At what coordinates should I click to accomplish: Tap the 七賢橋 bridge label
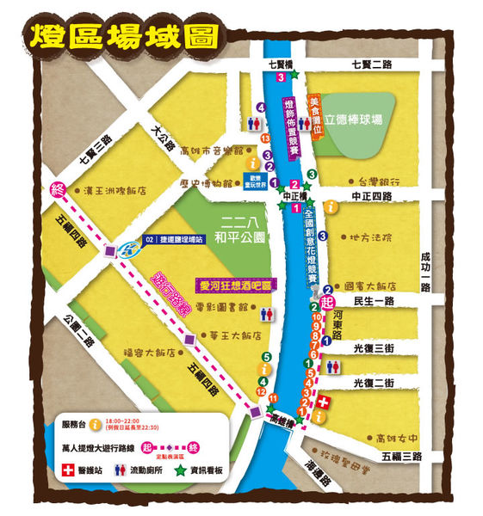click(x=282, y=64)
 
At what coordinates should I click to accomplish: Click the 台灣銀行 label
click(x=376, y=181)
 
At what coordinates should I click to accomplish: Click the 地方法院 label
click(x=371, y=236)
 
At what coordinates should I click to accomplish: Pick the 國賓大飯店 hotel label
click(x=369, y=286)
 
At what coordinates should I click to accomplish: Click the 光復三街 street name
click(x=374, y=347)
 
